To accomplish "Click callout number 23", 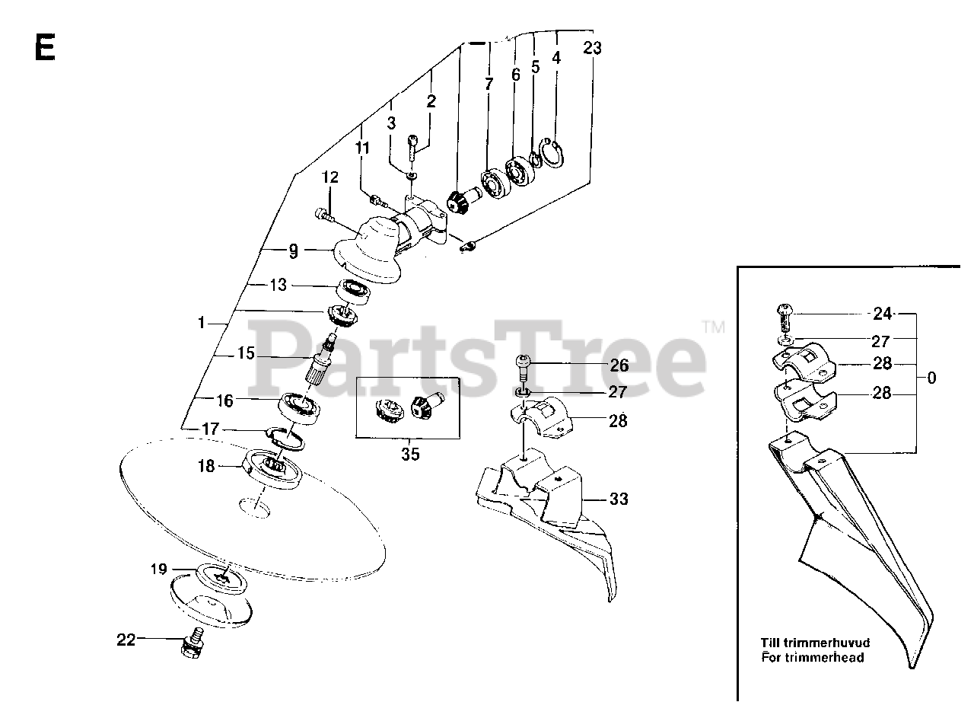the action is [x=592, y=48].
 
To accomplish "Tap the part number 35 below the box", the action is [x=410, y=455].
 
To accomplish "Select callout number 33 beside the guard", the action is [x=619, y=499].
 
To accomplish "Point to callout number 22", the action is [x=126, y=640].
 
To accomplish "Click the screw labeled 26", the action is [x=523, y=369].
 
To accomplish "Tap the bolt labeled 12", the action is [x=323, y=215].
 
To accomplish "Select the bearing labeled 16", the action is [x=299, y=408].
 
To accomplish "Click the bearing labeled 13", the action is [x=355, y=292].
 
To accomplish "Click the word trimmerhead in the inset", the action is [x=813, y=657].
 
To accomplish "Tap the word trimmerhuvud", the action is [x=815, y=643].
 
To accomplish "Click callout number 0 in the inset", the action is [x=931, y=378].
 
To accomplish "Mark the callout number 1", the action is [x=201, y=323].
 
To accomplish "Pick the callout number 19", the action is [x=159, y=569].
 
